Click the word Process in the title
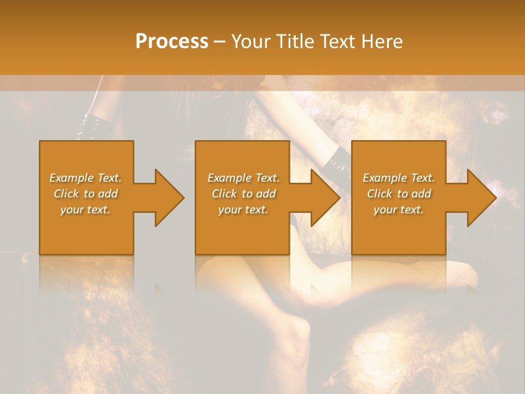click(x=172, y=42)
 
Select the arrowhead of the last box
click(x=481, y=198)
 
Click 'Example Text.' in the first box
click(x=86, y=178)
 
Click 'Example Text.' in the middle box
click(x=243, y=178)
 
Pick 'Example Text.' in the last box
click(x=399, y=178)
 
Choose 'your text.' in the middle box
click(x=243, y=210)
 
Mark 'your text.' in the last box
click(x=399, y=210)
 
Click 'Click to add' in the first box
click(x=86, y=194)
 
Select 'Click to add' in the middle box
click(x=243, y=194)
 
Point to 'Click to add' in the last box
click(x=399, y=194)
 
